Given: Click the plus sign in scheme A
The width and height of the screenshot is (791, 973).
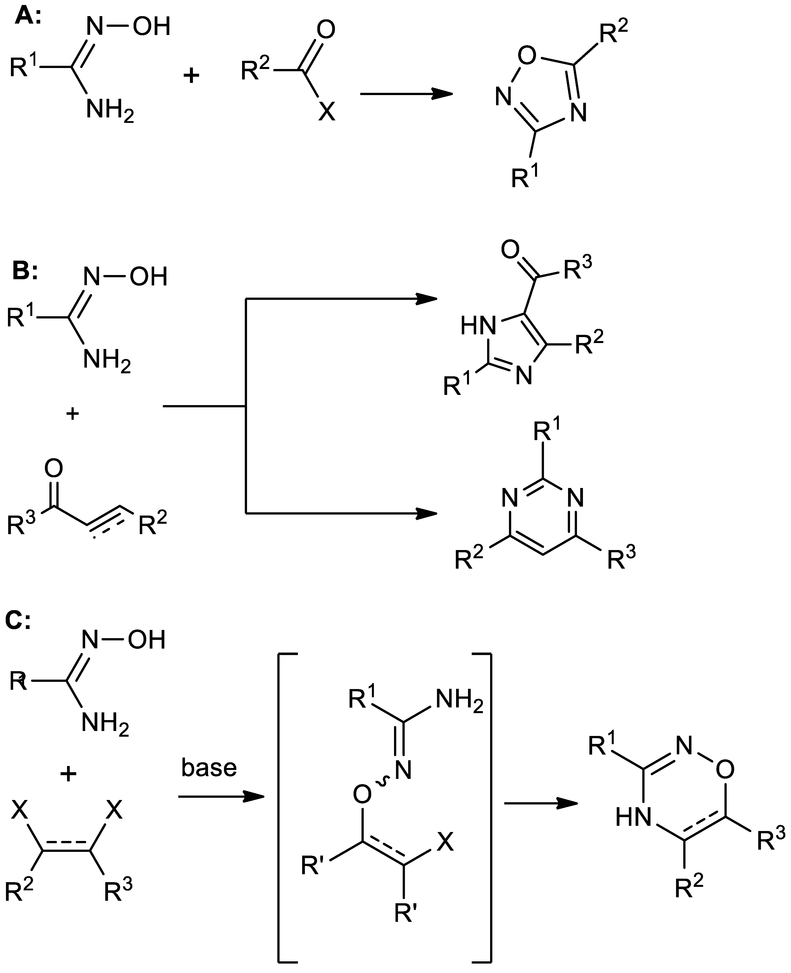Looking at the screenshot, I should pyautogui.click(x=191, y=75).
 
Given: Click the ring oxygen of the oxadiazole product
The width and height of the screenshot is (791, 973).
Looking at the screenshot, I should pyautogui.click(x=527, y=56).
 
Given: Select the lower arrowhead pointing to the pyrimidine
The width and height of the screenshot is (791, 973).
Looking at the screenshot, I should pyautogui.click(x=426, y=513).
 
